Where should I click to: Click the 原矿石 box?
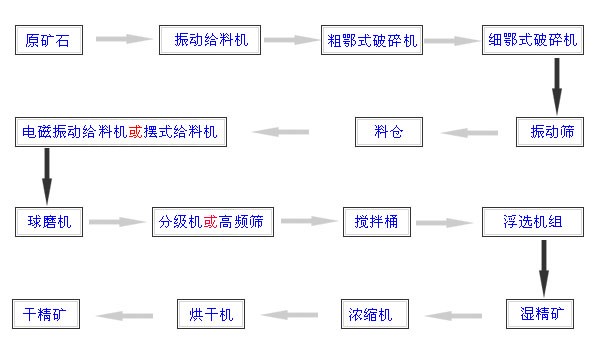(48, 40)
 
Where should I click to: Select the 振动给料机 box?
(210, 40)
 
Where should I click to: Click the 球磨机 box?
(49, 222)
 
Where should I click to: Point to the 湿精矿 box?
(542, 313)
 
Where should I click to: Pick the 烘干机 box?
(211, 313)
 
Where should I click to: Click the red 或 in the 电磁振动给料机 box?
(135, 132)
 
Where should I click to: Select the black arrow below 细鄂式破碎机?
(557, 86)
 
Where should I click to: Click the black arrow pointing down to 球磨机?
(46, 177)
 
